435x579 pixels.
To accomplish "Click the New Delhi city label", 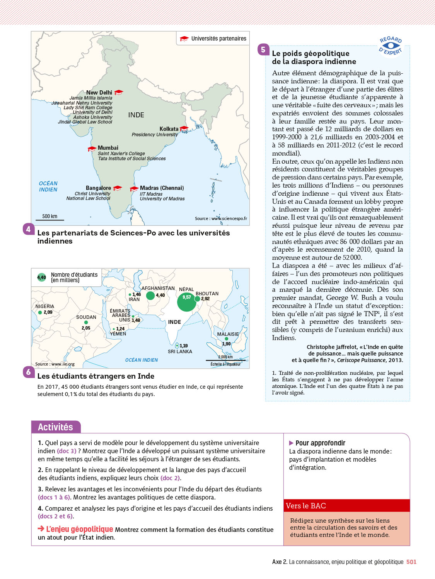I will pos(99,93).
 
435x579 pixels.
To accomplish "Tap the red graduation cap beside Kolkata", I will pos(184,129).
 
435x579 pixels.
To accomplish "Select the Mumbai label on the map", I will pos(108,148).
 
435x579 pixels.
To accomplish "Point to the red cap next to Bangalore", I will pos(118,188).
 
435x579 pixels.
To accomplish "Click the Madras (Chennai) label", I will pos(162,188).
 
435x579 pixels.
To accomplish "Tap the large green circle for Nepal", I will pos(187,302).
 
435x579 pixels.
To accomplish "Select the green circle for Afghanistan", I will pos(150,296).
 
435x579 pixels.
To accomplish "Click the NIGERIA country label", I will pos(45,306).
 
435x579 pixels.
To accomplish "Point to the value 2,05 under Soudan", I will pos(86,328).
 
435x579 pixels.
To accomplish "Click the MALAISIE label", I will pos(228,334).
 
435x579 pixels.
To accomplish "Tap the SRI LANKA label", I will pos(180,352).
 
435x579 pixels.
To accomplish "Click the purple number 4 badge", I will pos(28,229).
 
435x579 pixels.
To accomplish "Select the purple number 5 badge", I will pos(263,49).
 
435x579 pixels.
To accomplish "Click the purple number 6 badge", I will pos(28,372).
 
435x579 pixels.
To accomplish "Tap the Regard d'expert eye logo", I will pos(391,46).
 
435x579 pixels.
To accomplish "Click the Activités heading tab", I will pos(56,427).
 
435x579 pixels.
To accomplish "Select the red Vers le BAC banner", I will pos(346,506).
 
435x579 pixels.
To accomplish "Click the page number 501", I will pos(411,562).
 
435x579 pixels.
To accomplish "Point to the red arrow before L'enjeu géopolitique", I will pos(41,529).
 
